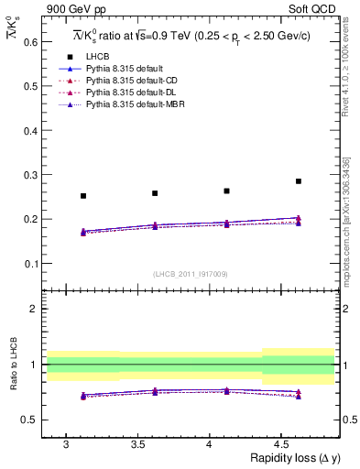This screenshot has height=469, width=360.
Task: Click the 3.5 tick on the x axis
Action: click(x=137, y=444)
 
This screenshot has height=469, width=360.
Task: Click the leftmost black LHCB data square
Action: click(x=83, y=196)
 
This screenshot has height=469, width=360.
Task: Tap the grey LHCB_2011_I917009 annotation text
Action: click(x=191, y=274)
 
